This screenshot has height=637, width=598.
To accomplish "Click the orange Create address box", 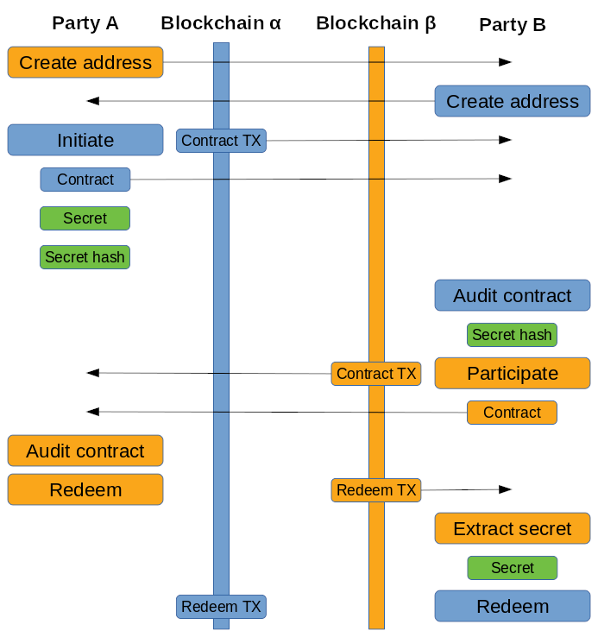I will click(85, 62).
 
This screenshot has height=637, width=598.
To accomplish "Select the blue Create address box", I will click(513, 101).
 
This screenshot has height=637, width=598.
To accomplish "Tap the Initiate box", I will click(85, 140).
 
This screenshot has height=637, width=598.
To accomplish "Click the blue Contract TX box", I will click(221, 141).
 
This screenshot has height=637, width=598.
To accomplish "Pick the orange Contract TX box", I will click(376, 374).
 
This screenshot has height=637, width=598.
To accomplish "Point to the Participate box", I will click(513, 373).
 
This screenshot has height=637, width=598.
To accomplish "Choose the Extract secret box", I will click(513, 528).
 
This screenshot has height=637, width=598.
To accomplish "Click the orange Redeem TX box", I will click(376, 490).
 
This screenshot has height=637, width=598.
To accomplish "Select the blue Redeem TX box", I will click(221, 607).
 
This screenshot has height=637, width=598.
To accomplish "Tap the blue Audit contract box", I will click(513, 295).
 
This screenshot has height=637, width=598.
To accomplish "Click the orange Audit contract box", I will click(85, 451).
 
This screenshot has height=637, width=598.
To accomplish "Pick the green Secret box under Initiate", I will click(85, 218).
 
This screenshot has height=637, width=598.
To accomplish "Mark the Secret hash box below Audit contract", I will click(512, 335).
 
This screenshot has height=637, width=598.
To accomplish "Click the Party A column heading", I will click(85, 23).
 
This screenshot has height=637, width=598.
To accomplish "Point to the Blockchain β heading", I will click(376, 23).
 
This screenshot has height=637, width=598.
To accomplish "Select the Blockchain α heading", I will click(221, 23).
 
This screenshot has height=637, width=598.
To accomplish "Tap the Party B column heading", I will click(513, 25).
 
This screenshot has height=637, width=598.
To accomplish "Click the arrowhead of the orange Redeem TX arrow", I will click(507, 489).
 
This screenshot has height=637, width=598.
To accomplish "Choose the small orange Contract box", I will click(512, 413).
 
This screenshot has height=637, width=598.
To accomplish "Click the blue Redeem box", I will click(513, 606).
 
